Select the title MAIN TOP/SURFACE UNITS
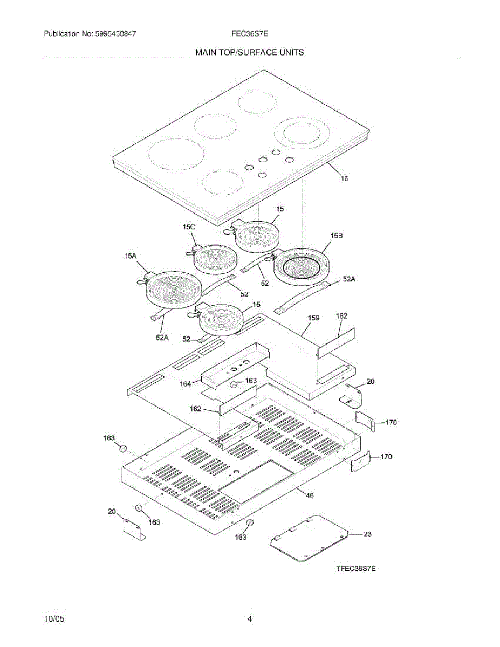click(x=250, y=52)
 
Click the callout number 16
click(x=344, y=178)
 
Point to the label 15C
click(x=189, y=228)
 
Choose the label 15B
click(x=337, y=236)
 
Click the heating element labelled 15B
click(x=302, y=267)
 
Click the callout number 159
click(x=313, y=318)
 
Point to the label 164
click(x=186, y=383)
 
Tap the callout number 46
click(x=310, y=495)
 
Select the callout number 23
click(x=367, y=534)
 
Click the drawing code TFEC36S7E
click(x=355, y=568)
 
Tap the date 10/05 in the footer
click(x=54, y=620)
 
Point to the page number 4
click(x=250, y=620)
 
